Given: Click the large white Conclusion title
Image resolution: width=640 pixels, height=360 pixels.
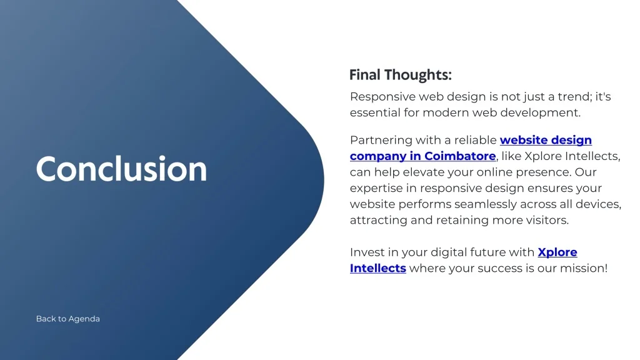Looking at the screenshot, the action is (x=121, y=169).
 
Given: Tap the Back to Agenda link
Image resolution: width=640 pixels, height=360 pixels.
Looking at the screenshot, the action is (x=67, y=319).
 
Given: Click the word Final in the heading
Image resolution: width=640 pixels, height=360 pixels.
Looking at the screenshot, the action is (x=365, y=75).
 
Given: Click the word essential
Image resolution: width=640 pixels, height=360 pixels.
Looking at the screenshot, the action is (x=375, y=112).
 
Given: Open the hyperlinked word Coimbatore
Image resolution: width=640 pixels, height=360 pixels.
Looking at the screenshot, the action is (x=460, y=156).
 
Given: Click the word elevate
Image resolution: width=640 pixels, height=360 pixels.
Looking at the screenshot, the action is (x=424, y=172).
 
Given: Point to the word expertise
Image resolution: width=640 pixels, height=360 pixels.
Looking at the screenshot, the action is (x=383, y=189).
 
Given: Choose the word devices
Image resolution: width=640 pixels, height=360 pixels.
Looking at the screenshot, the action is (x=599, y=204).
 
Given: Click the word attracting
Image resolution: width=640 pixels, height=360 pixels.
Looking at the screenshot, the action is (x=378, y=221).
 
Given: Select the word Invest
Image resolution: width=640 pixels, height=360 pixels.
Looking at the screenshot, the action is (x=367, y=252).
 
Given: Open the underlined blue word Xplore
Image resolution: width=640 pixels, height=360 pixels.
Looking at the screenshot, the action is (x=557, y=252).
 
